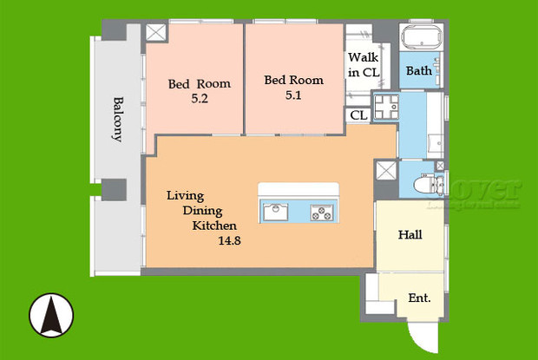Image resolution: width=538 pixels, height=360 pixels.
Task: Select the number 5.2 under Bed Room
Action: [x=199, y=99]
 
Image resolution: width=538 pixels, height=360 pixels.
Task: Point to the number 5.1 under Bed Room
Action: [x=293, y=95]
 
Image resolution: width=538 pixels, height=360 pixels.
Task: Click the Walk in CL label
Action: [x=364, y=63]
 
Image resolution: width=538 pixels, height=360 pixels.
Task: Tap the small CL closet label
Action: [x=358, y=115]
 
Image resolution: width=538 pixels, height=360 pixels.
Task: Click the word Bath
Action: [x=420, y=71]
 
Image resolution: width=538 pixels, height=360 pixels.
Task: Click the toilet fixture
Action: [x=426, y=184]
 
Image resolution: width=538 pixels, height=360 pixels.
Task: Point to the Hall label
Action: [x=410, y=234]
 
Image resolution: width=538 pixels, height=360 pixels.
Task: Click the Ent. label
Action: [x=420, y=298]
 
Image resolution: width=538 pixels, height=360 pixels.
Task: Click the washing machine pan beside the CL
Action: [x=384, y=111]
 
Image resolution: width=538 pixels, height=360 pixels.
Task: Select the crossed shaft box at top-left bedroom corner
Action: [x=155, y=33]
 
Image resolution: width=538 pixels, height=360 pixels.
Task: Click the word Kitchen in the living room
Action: [x=214, y=226]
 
